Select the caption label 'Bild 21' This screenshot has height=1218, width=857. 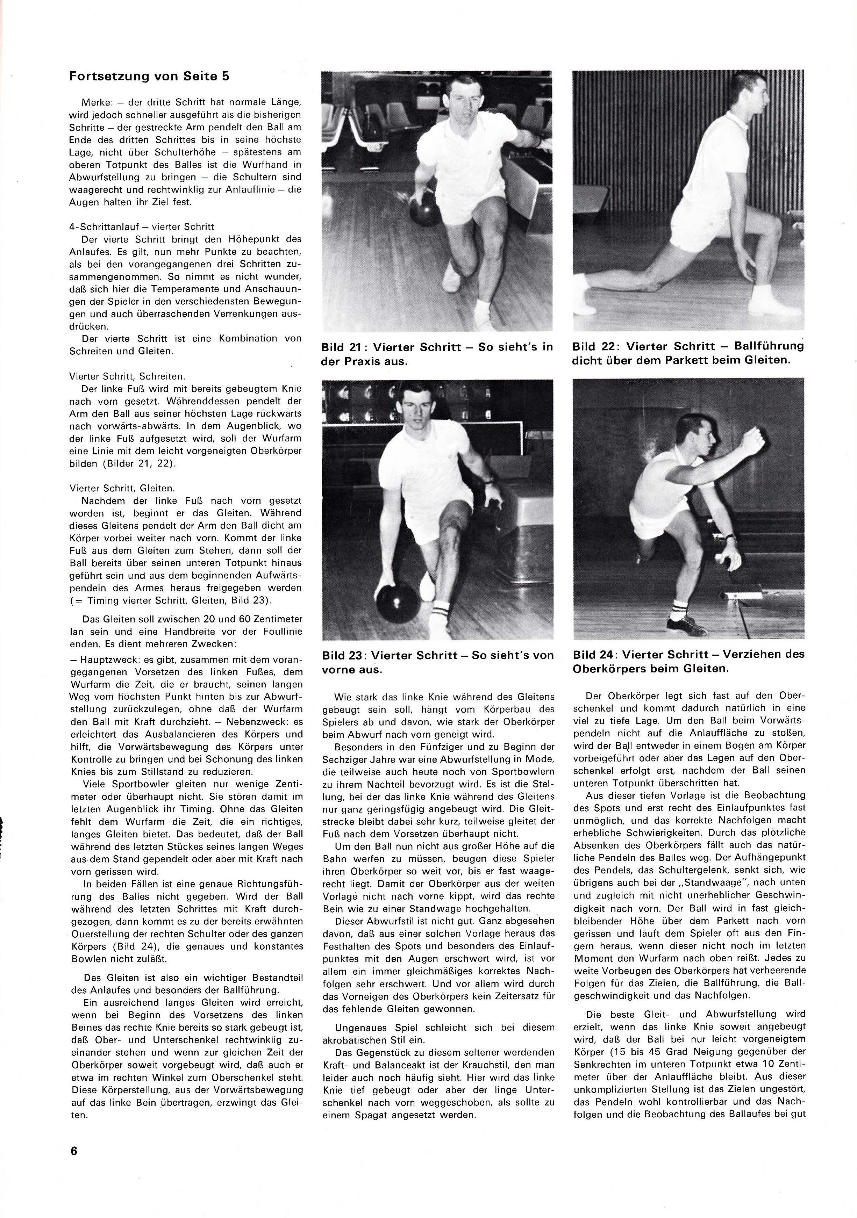pos(342,347)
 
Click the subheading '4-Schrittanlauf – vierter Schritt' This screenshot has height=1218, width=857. pos(142,226)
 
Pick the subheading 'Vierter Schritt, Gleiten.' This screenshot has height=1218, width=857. pos(122,488)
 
